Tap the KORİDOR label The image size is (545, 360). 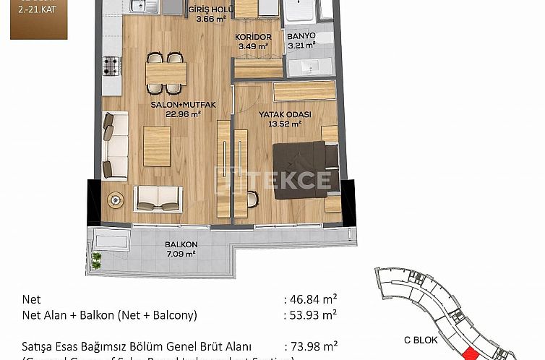pyautogui.click(x=253, y=37)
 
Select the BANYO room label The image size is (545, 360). pyautogui.click(x=301, y=35)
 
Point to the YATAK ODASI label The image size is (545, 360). pyautogui.click(x=286, y=114)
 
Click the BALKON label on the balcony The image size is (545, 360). pyautogui.click(x=181, y=244)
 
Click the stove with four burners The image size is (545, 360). pyautogui.click(x=111, y=66)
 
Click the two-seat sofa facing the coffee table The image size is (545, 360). pyautogui.click(x=159, y=198)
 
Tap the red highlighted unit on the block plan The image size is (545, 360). pyautogui.click(x=471, y=353)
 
